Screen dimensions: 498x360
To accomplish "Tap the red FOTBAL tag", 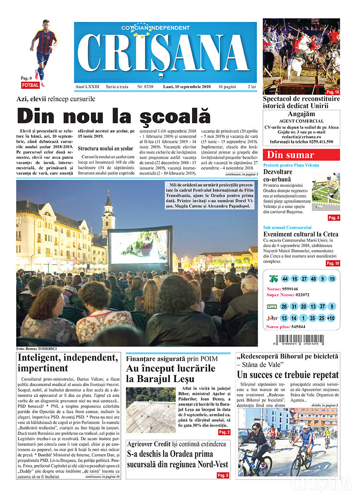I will (30, 85).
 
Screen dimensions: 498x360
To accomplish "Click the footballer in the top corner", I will (43, 48).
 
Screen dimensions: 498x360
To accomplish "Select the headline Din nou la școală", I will (114, 116).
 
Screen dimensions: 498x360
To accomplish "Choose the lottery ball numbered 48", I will (313, 279).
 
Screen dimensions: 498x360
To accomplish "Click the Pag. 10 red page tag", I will (333, 263).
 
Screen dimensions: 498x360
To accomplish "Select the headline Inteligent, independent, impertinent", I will (68, 363).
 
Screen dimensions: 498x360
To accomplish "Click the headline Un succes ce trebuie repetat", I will (288, 375).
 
